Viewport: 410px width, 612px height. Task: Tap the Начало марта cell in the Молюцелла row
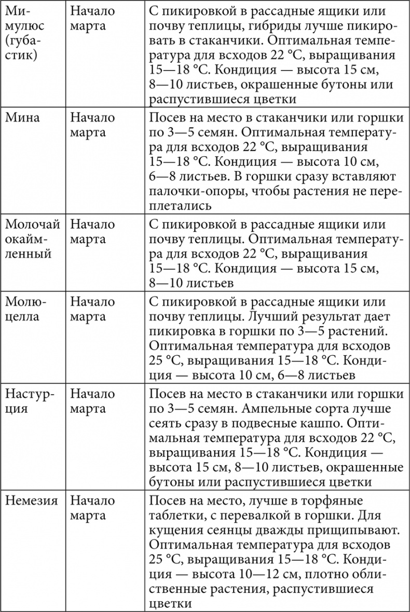tap(92, 309)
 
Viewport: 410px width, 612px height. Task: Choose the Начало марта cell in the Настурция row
tap(92, 401)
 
